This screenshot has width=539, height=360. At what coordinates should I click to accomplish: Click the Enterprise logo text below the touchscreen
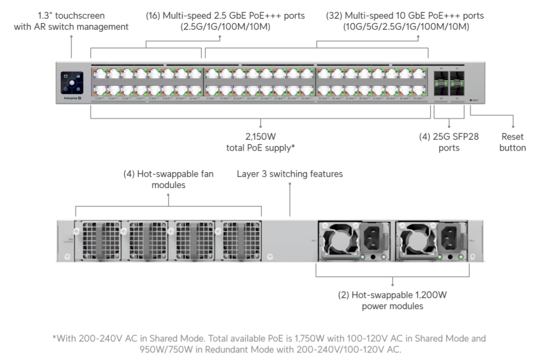click(x=71, y=98)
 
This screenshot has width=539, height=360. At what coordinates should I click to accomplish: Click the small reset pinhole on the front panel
click(x=471, y=99)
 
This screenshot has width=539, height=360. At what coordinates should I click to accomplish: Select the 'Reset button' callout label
click(x=512, y=142)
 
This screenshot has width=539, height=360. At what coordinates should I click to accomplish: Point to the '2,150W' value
click(x=260, y=137)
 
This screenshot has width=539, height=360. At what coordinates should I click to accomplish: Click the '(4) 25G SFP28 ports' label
click(x=449, y=142)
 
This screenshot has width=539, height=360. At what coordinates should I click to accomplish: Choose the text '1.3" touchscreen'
click(x=71, y=16)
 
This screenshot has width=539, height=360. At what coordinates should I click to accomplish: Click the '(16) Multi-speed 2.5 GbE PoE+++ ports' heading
click(x=225, y=16)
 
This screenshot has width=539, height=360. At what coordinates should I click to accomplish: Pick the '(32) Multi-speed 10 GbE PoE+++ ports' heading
click(x=405, y=16)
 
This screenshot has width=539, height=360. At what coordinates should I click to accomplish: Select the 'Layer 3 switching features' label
click(x=290, y=174)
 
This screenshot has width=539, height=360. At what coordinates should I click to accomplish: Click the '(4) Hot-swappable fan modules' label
click(x=168, y=179)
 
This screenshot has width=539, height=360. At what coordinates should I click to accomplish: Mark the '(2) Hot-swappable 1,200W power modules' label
click(x=392, y=300)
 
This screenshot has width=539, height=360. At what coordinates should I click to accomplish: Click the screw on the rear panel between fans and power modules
click(x=270, y=256)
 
